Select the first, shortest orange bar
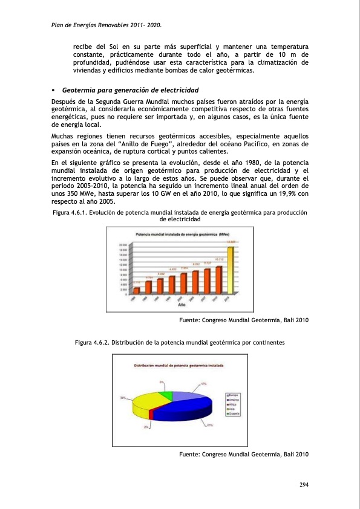137,290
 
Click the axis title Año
182,305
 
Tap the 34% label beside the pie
123,398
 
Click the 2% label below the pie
146,427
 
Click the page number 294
304,485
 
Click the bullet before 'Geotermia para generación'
53,90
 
